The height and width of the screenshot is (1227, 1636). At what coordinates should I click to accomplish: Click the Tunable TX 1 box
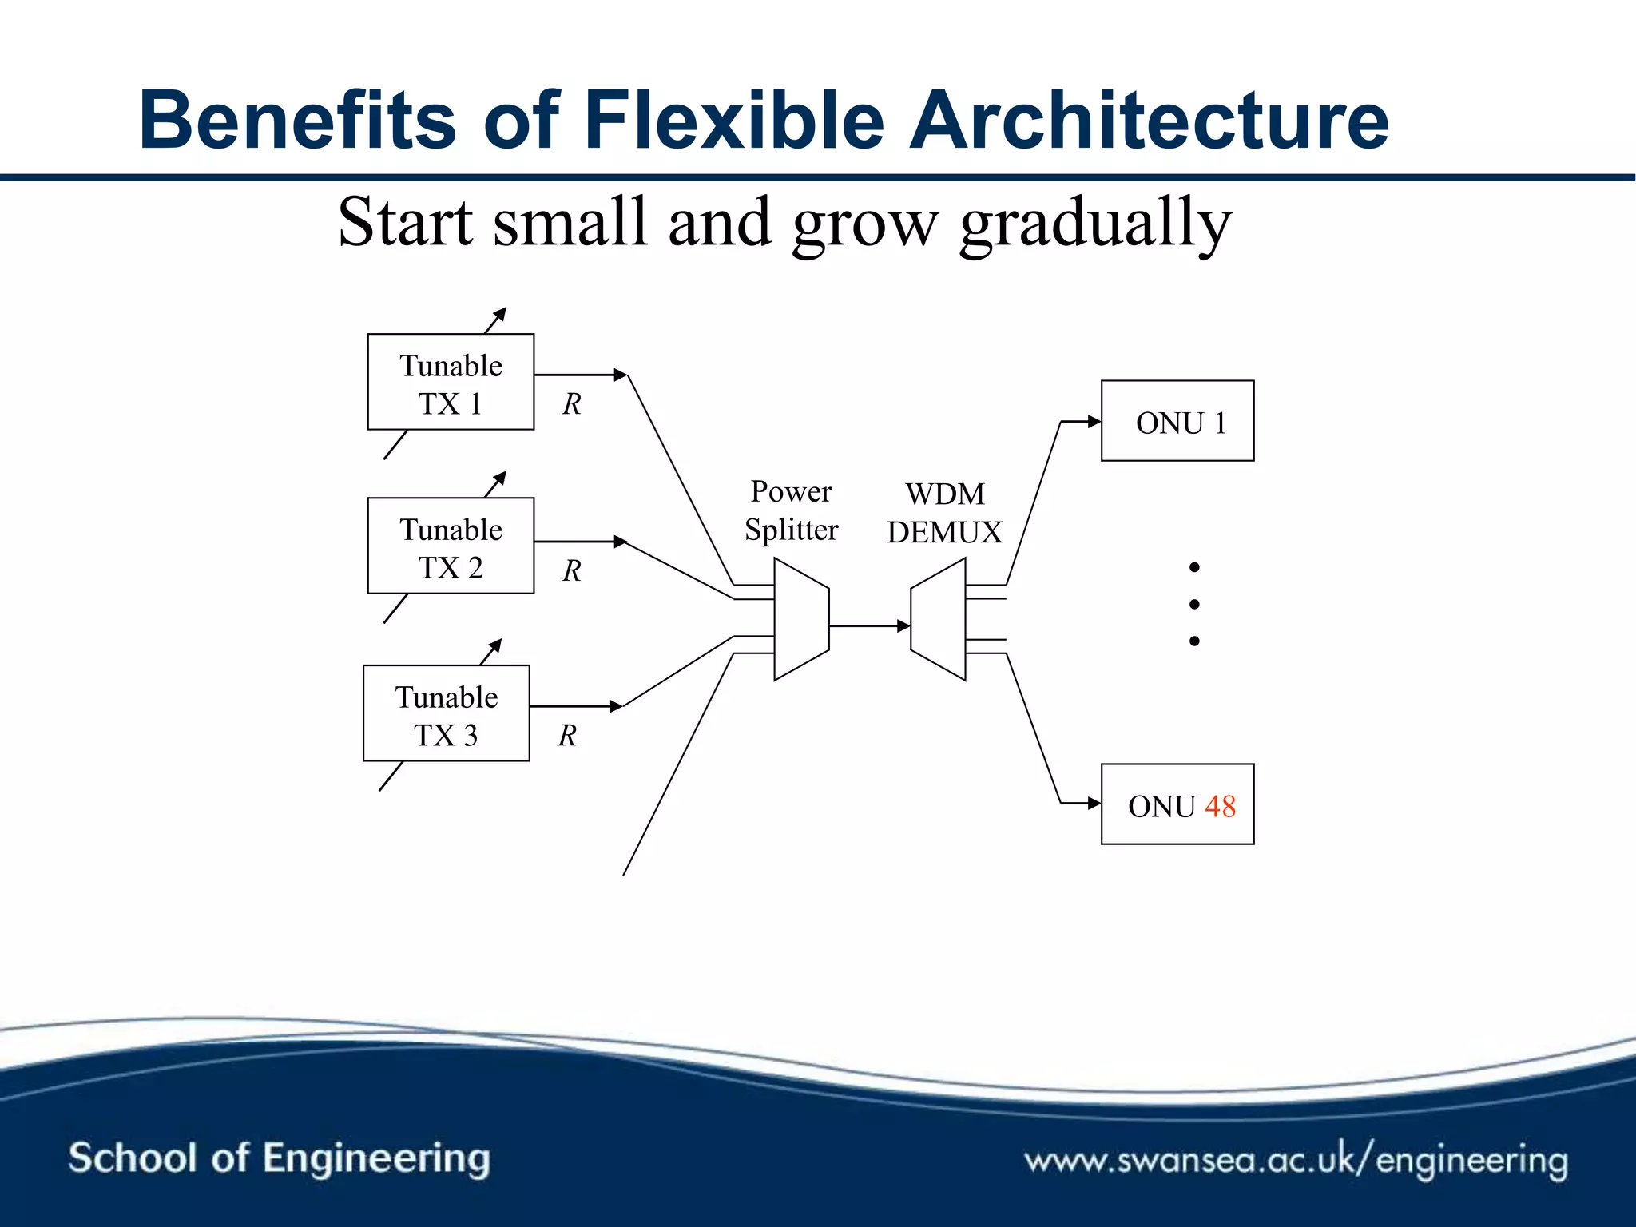click(x=451, y=382)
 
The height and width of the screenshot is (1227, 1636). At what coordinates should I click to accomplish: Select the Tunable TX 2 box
click(x=451, y=546)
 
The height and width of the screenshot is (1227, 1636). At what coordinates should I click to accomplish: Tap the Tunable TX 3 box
click(x=446, y=713)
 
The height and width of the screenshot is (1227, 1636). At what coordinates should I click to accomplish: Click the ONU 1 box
click(x=1177, y=421)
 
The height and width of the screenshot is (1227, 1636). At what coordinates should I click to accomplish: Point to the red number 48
click(x=1220, y=806)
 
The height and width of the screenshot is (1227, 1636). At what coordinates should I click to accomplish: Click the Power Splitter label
click(x=791, y=510)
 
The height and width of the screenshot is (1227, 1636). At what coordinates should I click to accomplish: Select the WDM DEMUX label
click(x=944, y=513)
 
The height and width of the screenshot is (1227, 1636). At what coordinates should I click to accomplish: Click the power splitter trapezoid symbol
click(x=801, y=619)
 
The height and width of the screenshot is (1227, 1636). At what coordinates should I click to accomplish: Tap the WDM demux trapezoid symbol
click(x=939, y=619)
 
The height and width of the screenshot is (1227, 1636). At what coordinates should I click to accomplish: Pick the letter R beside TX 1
click(x=571, y=404)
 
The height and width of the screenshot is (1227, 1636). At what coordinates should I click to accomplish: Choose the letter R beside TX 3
click(x=567, y=735)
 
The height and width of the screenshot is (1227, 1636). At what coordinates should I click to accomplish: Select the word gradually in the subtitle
click(x=1095, y=224)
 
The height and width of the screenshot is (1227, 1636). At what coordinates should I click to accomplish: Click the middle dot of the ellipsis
click(x=1194, y=604)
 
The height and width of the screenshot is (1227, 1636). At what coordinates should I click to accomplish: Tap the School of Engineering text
click(x=279, y=1158)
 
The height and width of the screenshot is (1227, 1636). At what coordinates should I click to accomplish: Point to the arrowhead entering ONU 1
click(x=1094, y=421)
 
